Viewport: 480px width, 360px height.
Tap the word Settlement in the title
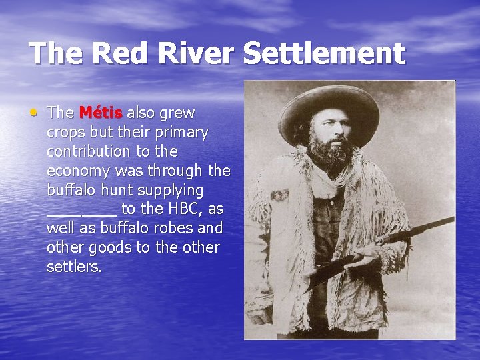(x=324, y=53)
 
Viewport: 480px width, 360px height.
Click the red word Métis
(x=101, y=113)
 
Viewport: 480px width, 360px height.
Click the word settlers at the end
(x=75, y=267)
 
